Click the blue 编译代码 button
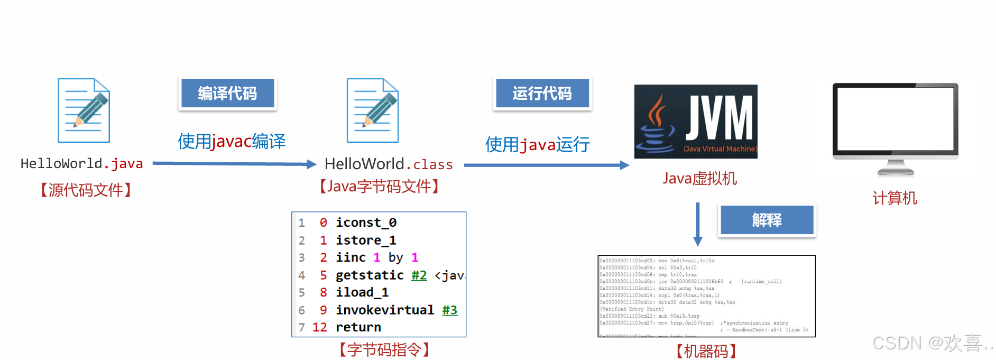[x=227, y=94]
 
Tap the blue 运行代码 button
[x=542, y=94]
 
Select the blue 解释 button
[x=767, y=220]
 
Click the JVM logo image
[x=696, y=122]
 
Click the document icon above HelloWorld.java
[x=84, y=110]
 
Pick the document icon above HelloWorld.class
[x=372, y=110]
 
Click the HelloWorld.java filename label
[x=81, y=164]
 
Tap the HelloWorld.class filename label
[x=389, y=164]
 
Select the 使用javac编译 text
[x=232, y=141]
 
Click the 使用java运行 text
[x=537, y=144]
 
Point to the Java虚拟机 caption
[x=699, y=179]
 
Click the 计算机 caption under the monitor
[x=894, y=198]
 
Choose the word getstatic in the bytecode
[x=370, y=275]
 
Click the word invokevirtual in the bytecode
[x=385, y=310]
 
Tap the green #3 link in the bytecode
[x=449, y=310]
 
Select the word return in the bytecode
[x=358, y=327]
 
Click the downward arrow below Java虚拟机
[x=698, y=224]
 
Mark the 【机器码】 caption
[x=706, y=351]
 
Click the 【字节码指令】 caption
[x=384, y=349]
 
